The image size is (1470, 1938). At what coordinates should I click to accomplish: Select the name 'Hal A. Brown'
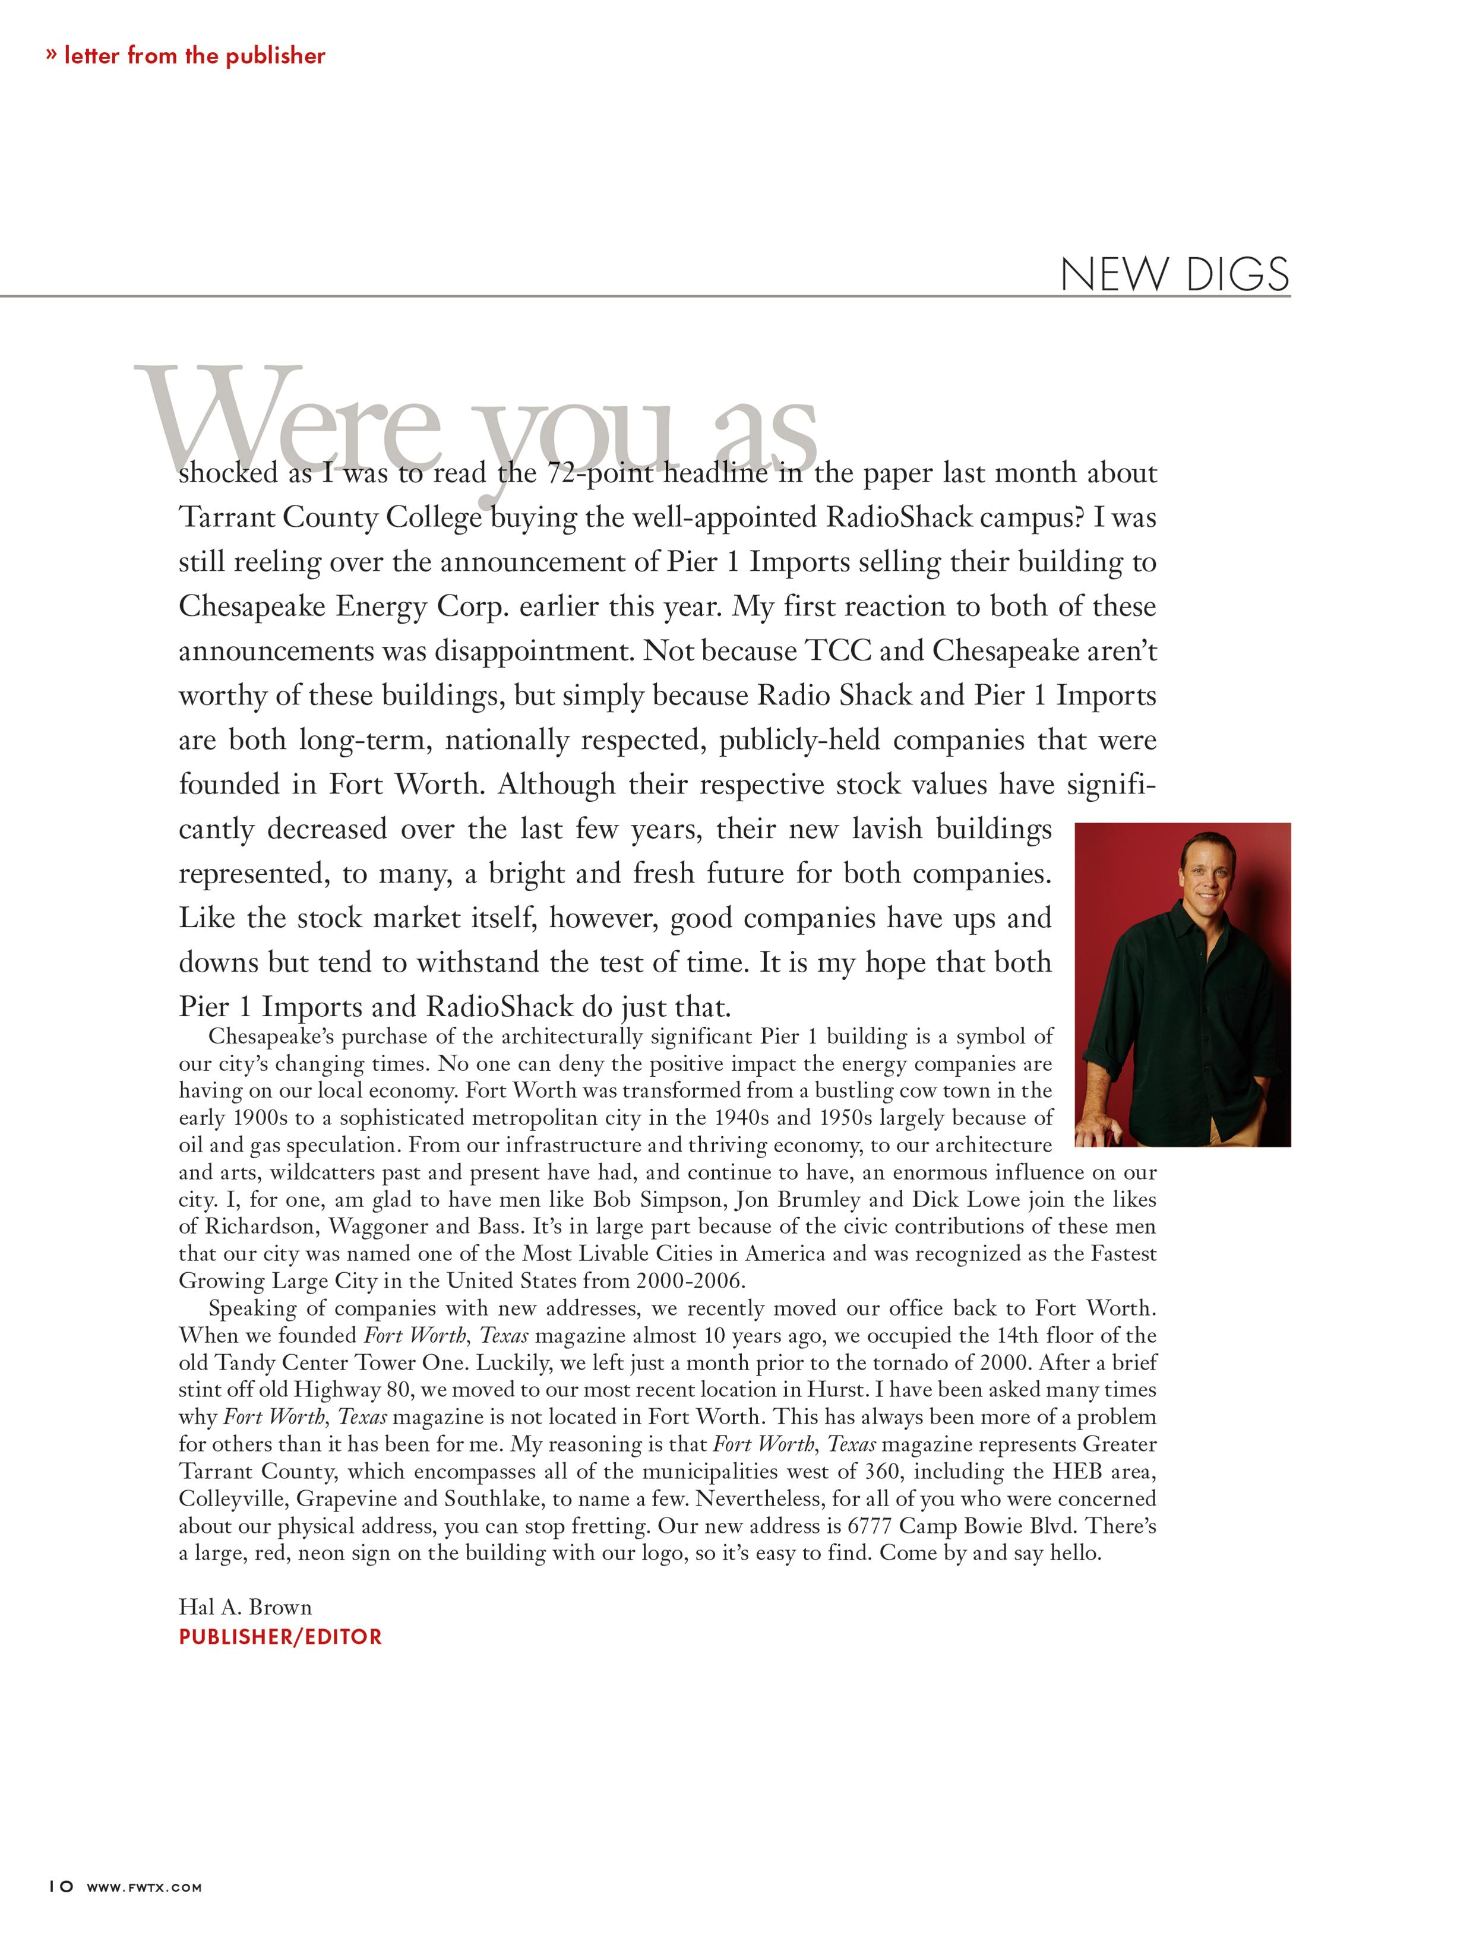(245, 1607)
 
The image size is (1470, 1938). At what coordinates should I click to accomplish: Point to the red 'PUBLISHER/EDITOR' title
(280, 1637)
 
